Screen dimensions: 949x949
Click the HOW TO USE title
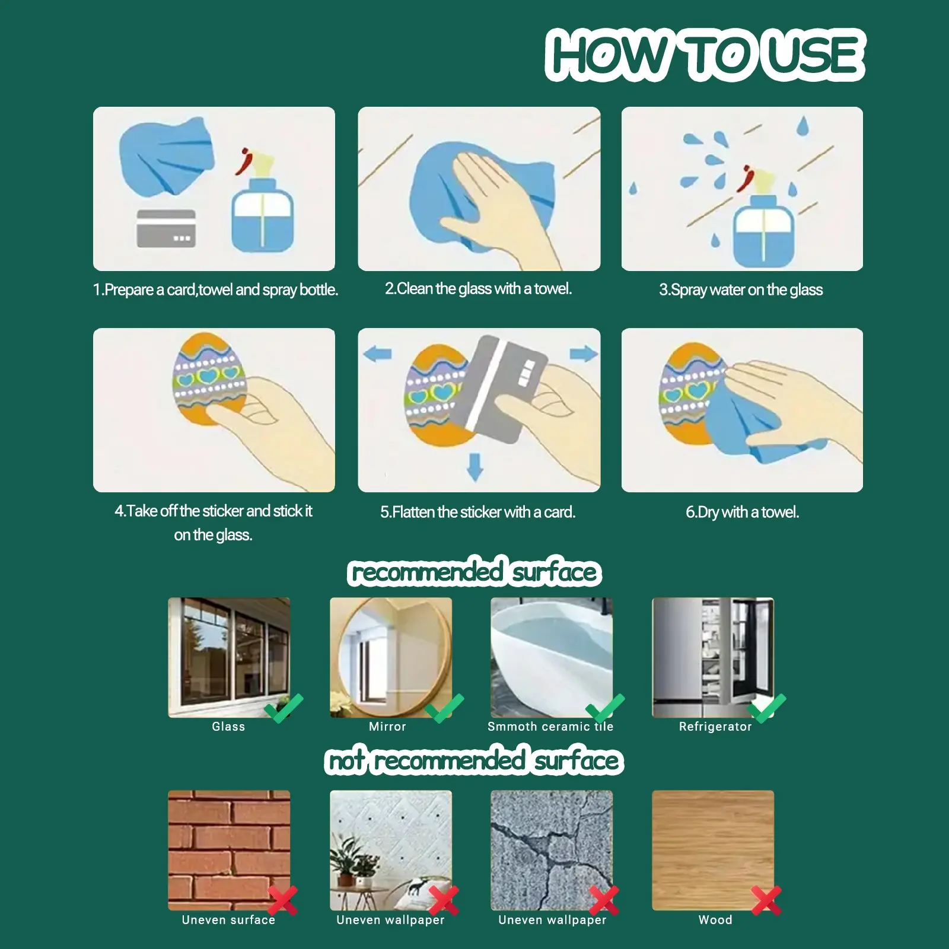[705, 55]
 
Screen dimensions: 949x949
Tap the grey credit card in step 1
[166, 228]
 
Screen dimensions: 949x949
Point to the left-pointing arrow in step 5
[377, 355]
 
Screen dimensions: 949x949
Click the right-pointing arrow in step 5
[584, 354]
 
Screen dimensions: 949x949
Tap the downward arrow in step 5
[474, 466]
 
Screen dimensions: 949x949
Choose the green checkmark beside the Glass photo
[284, 708]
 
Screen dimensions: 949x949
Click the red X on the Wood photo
[766, 900]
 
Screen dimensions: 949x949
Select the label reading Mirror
[387, 727]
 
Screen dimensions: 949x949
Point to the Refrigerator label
[715, 727]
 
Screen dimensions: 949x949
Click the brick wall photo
[229, 850]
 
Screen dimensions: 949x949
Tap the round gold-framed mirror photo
[391, 657]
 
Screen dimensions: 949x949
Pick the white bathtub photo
[552, 657]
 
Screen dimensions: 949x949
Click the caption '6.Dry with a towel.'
[743, 512]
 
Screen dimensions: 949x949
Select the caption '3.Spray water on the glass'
[741, 290]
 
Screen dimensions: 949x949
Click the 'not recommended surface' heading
[474, 760]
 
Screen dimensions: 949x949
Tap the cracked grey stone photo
[552, 850]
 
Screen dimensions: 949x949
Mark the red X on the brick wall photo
[282, 900]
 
